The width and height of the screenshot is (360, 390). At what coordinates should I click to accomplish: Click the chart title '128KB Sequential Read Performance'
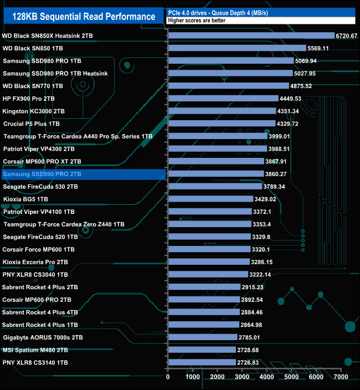(84, 17)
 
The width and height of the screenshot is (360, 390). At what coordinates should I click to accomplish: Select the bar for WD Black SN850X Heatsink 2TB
(251, 36)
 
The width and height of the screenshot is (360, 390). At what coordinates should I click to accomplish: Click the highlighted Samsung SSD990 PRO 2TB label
(42, 174)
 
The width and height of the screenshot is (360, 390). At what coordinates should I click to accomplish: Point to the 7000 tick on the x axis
(341, 377)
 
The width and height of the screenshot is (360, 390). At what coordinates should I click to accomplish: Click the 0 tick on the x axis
(168, 377)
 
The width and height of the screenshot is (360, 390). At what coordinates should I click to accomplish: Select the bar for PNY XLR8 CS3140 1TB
(202, 362)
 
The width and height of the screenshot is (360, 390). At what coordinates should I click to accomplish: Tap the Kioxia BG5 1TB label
(25, 199)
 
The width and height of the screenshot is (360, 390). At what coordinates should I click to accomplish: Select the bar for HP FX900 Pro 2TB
(223, 99)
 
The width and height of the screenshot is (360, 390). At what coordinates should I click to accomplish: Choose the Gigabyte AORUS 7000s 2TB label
(43, 337)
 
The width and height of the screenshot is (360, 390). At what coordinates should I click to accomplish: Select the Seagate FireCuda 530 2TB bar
(214, 186)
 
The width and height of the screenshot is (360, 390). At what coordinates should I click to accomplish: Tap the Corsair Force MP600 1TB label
(38, 249)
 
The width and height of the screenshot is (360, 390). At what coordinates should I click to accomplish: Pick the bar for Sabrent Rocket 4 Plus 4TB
(203, 312)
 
